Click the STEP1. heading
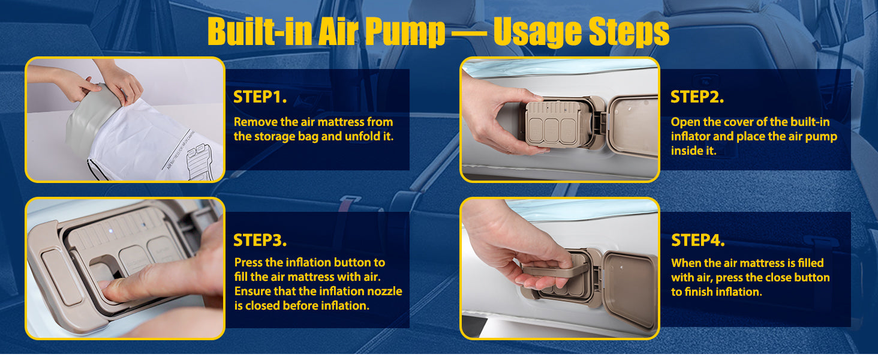[260, 97]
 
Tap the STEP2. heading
[697, 97]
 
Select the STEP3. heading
[260, 240]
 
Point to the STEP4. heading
[697, 240]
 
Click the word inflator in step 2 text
[690, 136]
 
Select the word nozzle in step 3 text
[383, 292]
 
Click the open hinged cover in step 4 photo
[630, 289]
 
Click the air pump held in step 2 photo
[557, 124]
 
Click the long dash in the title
[469, 33]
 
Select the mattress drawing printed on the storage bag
[200, 162]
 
